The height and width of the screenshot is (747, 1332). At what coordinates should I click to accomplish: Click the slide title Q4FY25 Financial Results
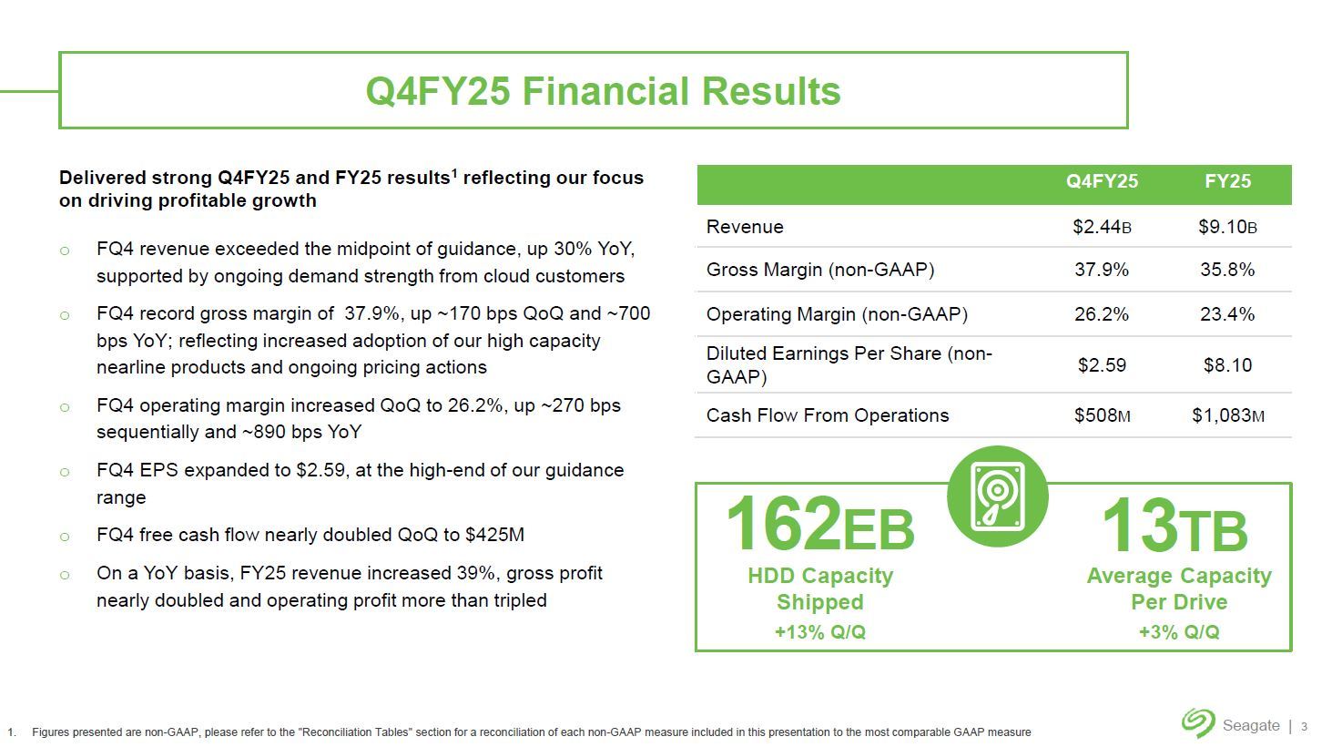(603, 91)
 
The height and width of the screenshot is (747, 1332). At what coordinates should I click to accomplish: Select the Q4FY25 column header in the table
(1102, 180)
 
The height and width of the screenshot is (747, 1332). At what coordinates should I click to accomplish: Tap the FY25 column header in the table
(1228, 180)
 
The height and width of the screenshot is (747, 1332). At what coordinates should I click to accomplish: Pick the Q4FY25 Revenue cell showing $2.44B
(1102, 227)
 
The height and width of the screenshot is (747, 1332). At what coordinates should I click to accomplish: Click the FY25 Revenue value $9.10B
(1228, 227)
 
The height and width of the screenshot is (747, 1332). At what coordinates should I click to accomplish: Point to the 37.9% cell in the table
(1102, 270)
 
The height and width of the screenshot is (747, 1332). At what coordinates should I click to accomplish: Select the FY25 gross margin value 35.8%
(1228, 270)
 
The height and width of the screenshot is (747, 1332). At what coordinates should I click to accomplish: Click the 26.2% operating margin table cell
(1102, 314)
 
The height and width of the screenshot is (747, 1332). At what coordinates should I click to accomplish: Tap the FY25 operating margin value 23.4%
(1228, 314)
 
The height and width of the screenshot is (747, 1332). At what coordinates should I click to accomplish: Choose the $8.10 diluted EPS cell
(1228, 364)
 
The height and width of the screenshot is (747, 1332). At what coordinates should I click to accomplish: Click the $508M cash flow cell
(1102, 415)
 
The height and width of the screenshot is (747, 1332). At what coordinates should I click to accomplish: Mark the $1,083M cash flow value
(1228, 415)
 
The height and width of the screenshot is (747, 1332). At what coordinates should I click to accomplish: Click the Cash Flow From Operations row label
(827, 415)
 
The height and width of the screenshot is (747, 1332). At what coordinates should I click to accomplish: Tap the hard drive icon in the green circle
(998, 496)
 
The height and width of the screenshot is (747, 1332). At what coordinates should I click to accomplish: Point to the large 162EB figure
(820, 524)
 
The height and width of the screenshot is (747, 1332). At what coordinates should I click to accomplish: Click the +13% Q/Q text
(820, 631)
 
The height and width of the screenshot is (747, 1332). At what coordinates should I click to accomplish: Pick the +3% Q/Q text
(1179, 631)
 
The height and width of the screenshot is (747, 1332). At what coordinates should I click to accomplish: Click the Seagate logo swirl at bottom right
(1198, 722)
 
